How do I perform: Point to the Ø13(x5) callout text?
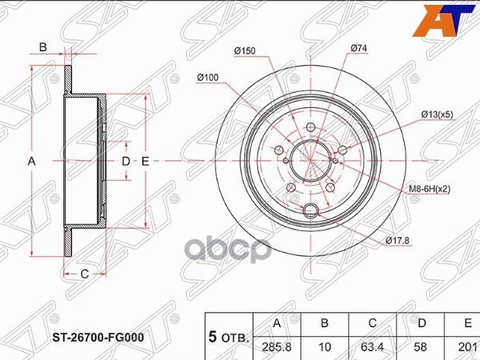click(441, 114)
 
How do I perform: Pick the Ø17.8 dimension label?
click(398, 240)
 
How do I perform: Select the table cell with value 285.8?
click(278, 347)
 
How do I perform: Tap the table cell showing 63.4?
click(372, 347)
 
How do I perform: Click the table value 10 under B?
click(325, 347)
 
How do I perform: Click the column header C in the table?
click(372, 323)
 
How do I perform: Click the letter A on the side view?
click(32, 162)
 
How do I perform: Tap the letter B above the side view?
click(42, 47)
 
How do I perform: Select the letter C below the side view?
click(83, 274)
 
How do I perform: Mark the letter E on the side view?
click(146, 162)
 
